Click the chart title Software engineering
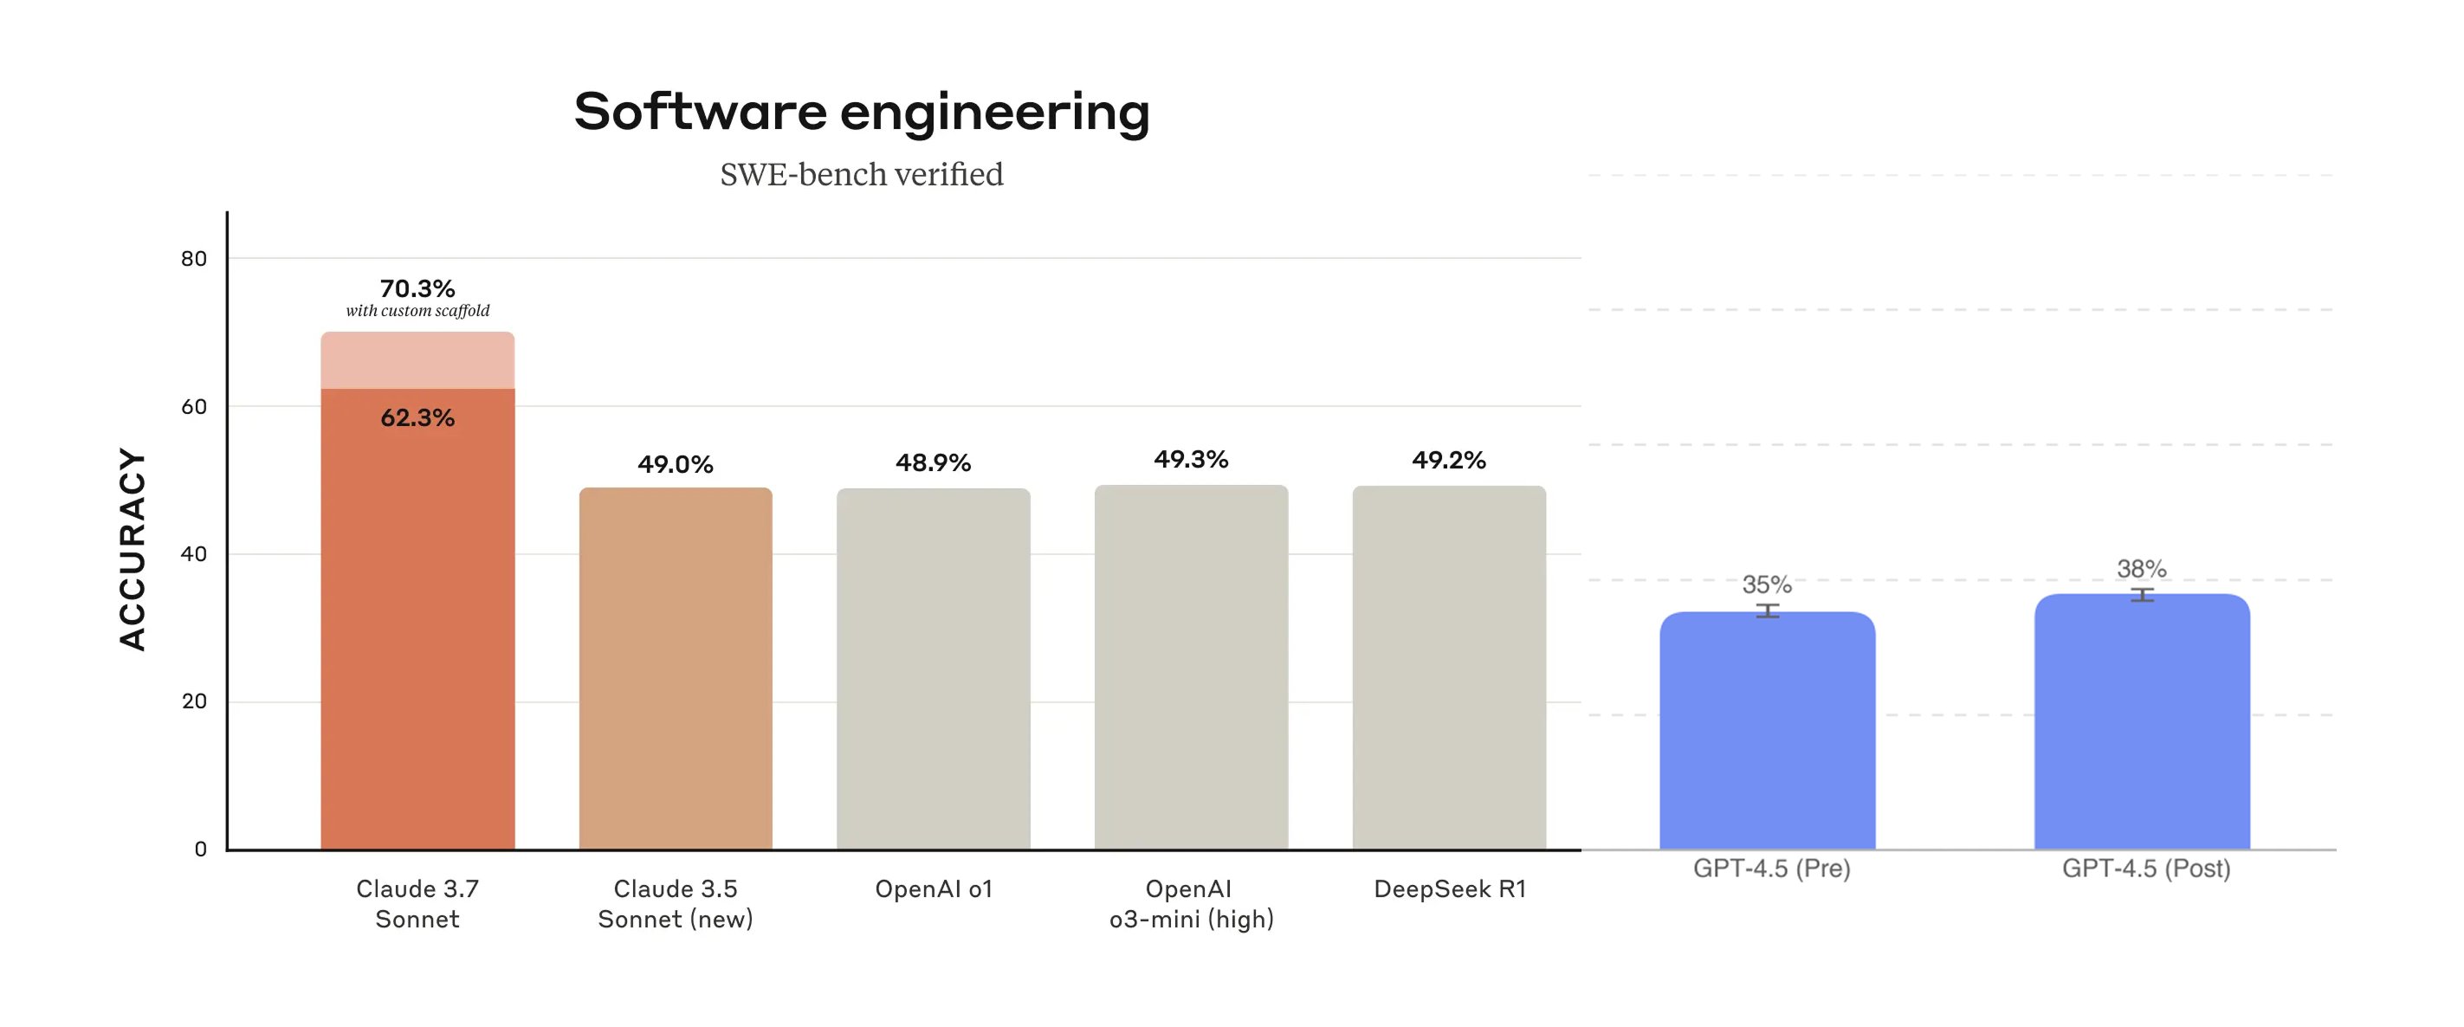point(861,112)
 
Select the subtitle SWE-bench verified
point(861,174)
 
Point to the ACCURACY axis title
point(132,549)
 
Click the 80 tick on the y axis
point(194,258)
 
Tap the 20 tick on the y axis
point(194,701)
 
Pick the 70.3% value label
point(417,287)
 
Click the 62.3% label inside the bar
point(417,418)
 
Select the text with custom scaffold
point(417,311)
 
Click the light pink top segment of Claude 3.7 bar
point(417,360)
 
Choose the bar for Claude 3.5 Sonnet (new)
point(676,669)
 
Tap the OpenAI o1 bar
point(934,669)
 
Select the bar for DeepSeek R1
point(1449,669)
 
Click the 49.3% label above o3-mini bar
point(1191,459)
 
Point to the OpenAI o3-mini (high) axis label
point(1191,904)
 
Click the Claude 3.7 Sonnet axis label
point(417,904)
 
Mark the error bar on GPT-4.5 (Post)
point(2142,595)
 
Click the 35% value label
point(1767,585)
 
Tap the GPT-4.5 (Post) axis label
point(2145,869)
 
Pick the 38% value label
point(2142,569)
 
